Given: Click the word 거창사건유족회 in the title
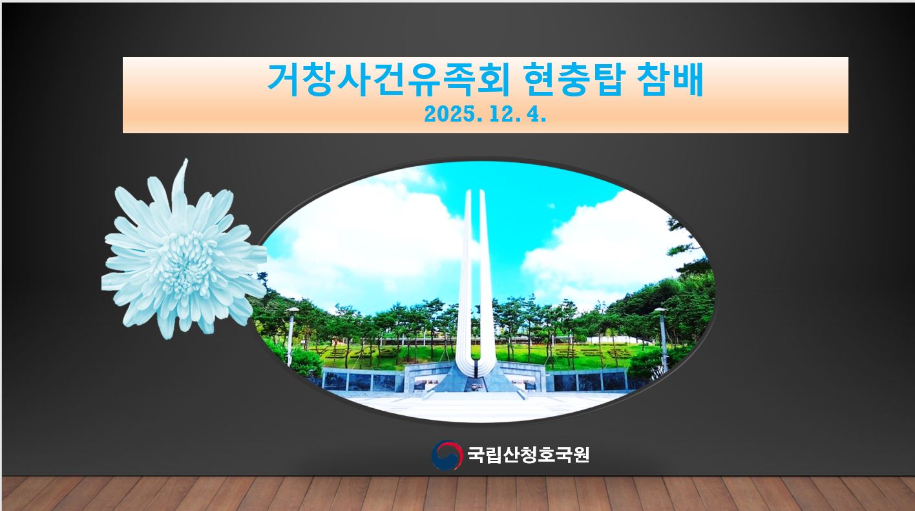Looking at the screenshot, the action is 388,80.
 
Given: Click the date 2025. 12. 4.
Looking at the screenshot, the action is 485,114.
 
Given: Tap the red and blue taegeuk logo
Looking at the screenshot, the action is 447,455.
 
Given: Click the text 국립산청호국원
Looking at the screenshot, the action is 528,455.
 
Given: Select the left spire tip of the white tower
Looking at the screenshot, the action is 468,191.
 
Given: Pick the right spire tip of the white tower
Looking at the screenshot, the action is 481,191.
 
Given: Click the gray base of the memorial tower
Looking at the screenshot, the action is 475,378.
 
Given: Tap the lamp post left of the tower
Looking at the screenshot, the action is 291,334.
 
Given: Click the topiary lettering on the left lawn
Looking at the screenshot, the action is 352,353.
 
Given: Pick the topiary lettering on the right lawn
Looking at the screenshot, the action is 588,353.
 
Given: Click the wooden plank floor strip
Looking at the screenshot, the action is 458,494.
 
